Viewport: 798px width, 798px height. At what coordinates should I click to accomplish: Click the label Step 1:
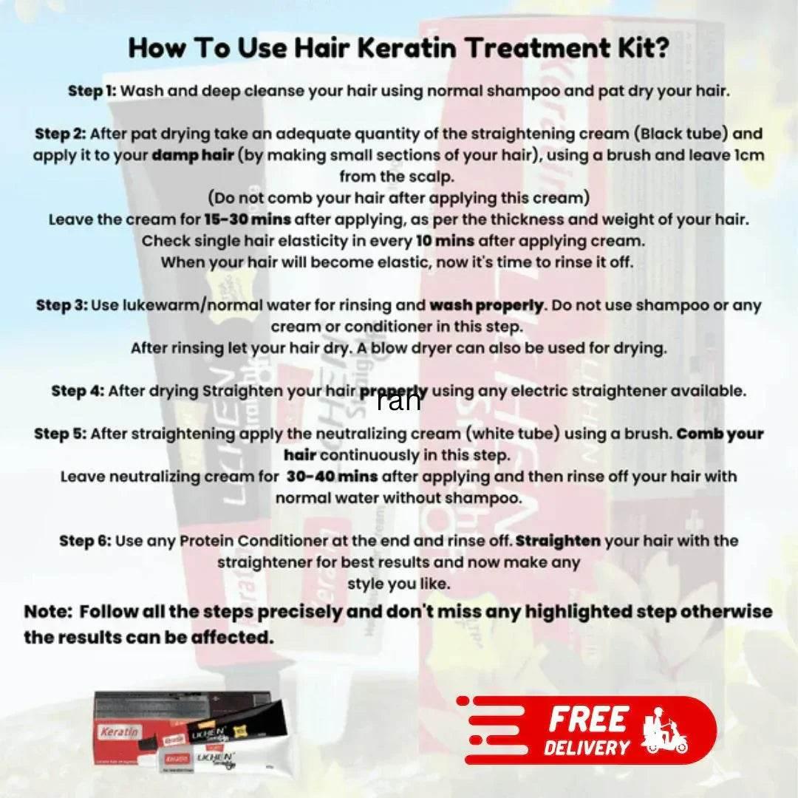pos(92,92)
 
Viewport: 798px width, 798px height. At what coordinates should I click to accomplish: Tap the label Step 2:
pos(61,134)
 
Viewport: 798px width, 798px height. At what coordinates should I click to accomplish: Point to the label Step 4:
pos(78,391)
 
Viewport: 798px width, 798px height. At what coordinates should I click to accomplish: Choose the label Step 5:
pos(61,434)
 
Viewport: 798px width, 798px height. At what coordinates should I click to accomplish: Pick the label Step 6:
pos(85,541)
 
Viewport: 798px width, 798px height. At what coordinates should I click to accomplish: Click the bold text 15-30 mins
pos(248,220)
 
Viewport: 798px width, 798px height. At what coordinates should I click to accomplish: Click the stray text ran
pos(399,400)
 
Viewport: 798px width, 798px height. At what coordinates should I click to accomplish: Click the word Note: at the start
pos(49,613)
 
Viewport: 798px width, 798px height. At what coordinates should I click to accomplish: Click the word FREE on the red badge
pos(588,719)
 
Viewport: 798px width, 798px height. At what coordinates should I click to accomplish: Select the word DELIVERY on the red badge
pos(587,747)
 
